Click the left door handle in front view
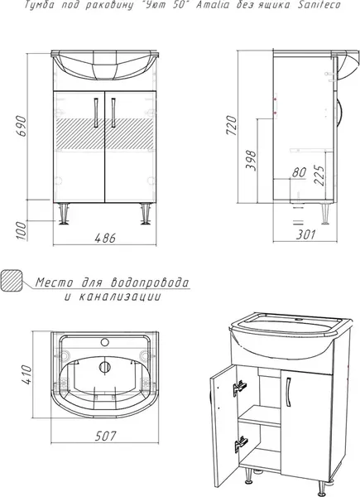click(98, 112)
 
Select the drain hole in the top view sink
click(104, 369)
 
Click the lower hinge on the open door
click(242, 443)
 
